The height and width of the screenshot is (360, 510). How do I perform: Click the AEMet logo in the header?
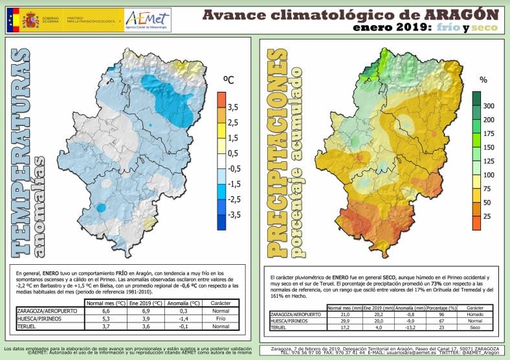point(148,19)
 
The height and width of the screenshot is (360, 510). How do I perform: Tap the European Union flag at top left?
point(12,20)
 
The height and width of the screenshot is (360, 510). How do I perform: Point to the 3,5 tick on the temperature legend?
point(234,107)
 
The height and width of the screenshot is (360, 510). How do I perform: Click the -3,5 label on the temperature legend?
point(233,215)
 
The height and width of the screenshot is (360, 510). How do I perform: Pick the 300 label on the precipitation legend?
point(489,106)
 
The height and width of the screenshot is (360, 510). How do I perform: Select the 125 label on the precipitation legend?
point(489,161)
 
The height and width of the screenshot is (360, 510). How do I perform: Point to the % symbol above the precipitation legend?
point(483,80)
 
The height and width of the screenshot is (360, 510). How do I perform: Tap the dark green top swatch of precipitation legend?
point(476,98)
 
